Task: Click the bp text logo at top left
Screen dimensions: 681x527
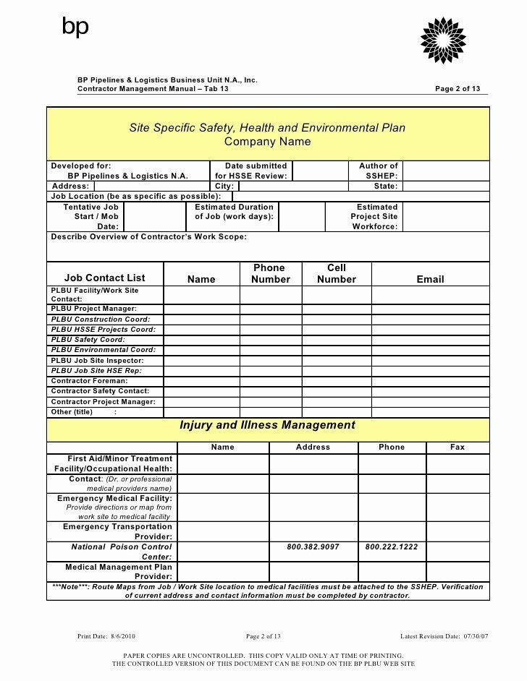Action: [x=75, y=27]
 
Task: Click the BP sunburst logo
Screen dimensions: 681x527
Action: [x=443, y=40]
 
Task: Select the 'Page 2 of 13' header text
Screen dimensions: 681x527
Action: [x=457, y=89]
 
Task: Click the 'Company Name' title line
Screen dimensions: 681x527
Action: [x=267, y=142]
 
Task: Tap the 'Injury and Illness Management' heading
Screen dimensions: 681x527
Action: [x=267, y=425]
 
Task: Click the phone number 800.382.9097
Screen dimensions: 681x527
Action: [x=313, y=547]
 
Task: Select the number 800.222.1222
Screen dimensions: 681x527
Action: [x=391, y=547]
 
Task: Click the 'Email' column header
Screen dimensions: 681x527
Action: [x=430, y=279]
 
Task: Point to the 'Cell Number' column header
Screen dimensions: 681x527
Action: [x=336, y=273]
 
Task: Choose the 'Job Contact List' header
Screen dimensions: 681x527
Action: [x=104, y=278]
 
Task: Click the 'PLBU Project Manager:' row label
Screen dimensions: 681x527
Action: [x=93, y=309]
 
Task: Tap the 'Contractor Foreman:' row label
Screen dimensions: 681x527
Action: [x=89, y=380]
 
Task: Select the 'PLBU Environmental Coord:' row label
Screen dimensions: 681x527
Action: [x=103, y=350]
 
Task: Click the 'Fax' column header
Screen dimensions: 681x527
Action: [x=458, y=447]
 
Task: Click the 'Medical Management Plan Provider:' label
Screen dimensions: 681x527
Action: [x=119, y=572]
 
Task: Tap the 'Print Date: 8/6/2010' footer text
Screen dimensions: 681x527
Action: [x=106, y=636]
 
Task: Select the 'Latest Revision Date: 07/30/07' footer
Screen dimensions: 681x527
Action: [x=444, y=636]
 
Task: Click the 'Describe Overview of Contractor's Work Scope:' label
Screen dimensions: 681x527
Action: [x=148, y=236]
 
